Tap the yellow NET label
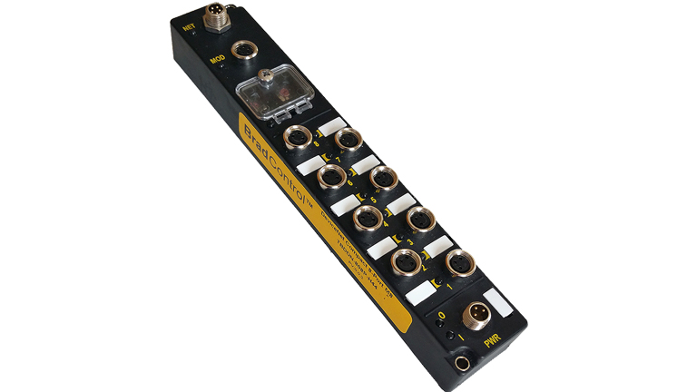pos(189,28)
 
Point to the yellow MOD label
pos(217,60)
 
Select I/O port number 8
pos(296,138)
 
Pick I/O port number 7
pos(346,140)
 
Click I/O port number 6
pos(332,176)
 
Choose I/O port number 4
pos(367,218)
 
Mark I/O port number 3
pos(419,220)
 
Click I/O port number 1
pos(459,263)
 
